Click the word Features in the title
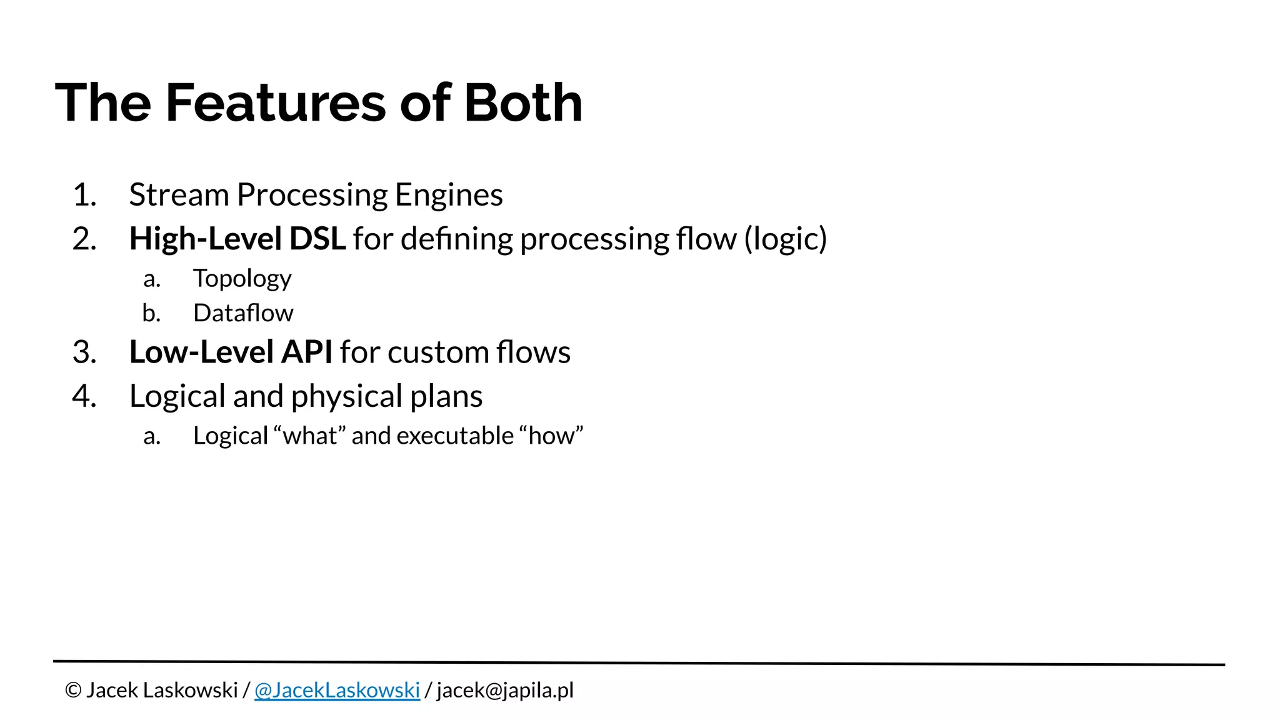[x=276, y=103]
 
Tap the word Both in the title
[x=522, y=103]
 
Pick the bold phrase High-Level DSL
[x=237, y=239]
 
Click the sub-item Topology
[x=242, y=279]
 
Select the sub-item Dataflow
[x=243, y=313]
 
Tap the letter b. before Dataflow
[x=151, y=313]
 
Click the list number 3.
[x=84, y=352]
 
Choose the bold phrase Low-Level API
[x=231, y=352]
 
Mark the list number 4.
[x=84, y=396]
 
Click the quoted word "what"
[x=309, y=436]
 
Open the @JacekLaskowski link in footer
[x=337, y=691]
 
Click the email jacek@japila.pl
[x=505, y=691]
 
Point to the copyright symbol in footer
[x=73, y=691]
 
